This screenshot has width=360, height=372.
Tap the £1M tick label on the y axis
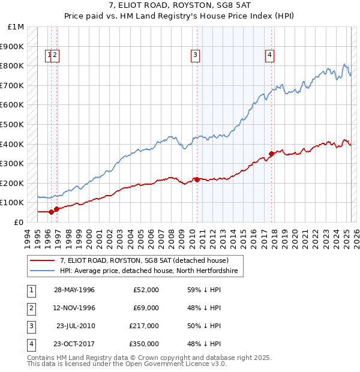(x=16, y=27)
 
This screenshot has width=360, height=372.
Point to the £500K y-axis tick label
(x=13, y=124)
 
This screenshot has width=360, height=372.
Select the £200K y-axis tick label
(x=13, y=183)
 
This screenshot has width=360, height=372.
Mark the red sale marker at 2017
(x=272, y=154)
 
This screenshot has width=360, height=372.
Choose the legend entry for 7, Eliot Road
(x=144, y=261)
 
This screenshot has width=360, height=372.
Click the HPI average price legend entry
(x=149, y=271)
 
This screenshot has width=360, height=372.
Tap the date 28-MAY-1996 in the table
(x=74, y=290)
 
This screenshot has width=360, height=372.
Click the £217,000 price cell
(x=144, y=326)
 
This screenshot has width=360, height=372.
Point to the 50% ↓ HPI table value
(x=205, y=326)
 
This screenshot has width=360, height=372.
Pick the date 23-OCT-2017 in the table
(x=74, y=344)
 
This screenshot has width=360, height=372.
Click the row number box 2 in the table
(x=29, y=308)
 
